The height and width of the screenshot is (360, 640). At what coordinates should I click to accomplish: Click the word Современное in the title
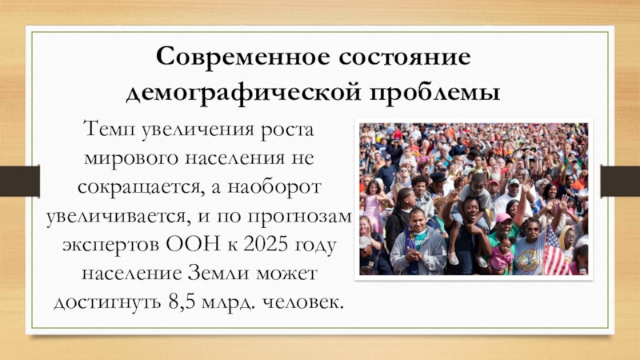tap(243, 56)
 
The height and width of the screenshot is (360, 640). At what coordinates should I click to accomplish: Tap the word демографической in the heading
tap(244, 92)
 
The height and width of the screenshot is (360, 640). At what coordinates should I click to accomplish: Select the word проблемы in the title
tap(435, 92)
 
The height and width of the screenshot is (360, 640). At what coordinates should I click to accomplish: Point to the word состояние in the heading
tap(405, 57)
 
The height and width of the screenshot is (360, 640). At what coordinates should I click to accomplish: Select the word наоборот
tap(274, 187)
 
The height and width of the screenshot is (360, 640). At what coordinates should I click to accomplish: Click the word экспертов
tap(110, 246)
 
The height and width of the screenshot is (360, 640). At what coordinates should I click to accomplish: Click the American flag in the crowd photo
tap(555, 252)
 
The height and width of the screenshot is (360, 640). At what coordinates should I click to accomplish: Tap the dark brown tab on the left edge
tap(19, 181)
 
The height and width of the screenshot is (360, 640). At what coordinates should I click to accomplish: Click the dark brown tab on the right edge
tap(620, 181)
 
